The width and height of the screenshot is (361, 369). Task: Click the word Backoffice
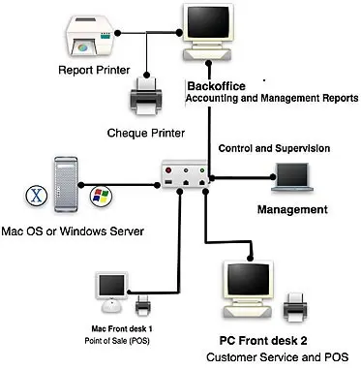[212, 85]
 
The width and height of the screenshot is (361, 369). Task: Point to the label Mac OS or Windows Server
[73, 231]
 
